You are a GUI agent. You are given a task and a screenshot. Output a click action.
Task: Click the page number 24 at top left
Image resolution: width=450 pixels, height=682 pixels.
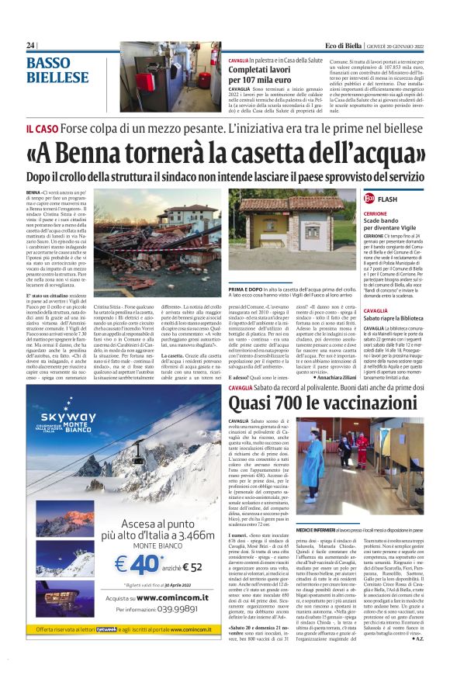click(x=30, y=46)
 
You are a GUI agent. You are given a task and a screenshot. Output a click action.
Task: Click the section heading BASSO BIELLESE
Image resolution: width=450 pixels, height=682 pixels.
click(x=58, y=70)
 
